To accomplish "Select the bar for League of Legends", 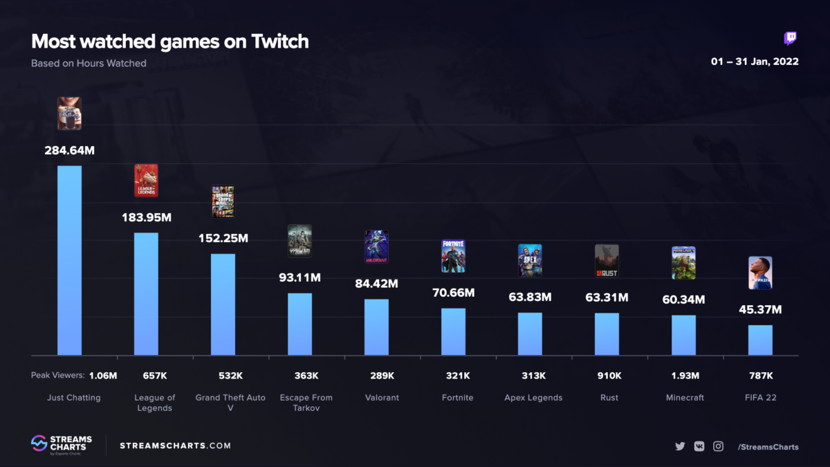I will point(146,293).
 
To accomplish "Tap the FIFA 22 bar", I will point(759,340).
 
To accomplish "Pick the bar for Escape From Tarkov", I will point(299,324).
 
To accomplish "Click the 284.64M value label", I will point(69,150).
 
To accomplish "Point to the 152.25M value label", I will point(223,239).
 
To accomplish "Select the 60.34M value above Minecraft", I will point(683,300).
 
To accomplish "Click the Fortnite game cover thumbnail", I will point(453,256).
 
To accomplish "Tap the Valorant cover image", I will point(376,246).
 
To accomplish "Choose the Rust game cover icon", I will point(607,260).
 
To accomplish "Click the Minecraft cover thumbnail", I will point(683,263).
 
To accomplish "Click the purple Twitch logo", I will point(790,39).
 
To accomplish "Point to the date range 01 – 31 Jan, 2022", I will point(755,62).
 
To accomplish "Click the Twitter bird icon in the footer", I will point(680,446).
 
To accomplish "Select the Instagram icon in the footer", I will point(718,446).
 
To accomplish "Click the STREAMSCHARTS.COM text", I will point(176,446).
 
